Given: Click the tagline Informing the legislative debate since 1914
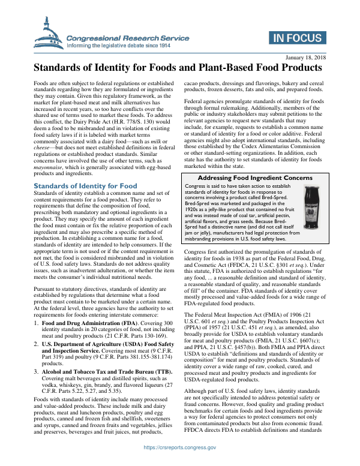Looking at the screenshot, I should [118, 46].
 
